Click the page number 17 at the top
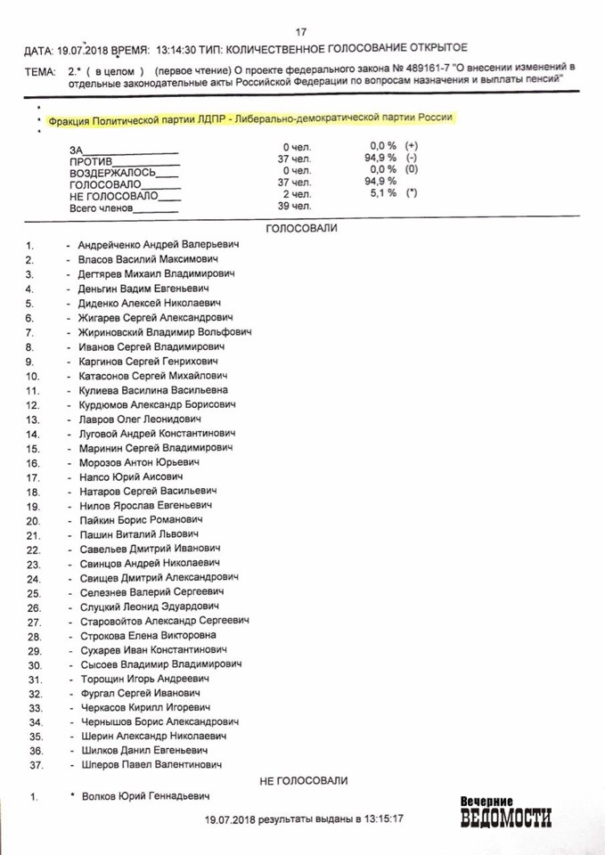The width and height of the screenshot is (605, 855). pos(313,28)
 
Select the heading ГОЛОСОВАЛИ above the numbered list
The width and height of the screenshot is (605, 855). pos(302,228)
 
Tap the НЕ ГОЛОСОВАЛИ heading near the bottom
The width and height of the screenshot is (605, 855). pos(303,780)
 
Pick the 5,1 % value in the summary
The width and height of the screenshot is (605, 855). pos(382,193)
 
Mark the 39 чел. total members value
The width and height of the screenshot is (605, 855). pos(295,206)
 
